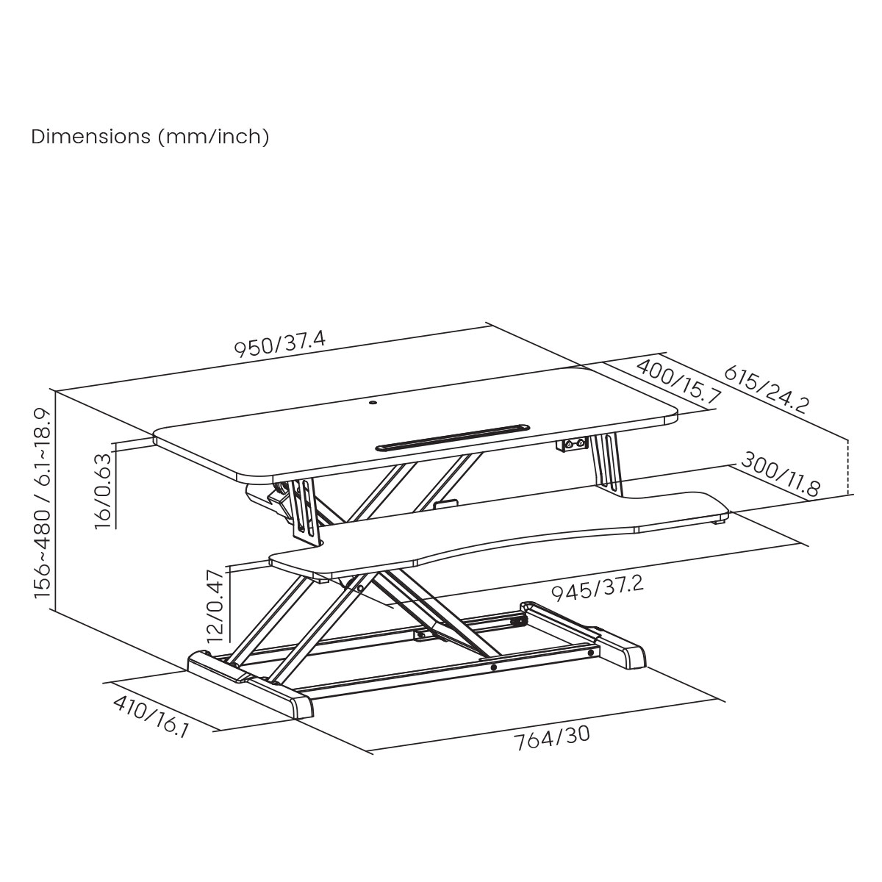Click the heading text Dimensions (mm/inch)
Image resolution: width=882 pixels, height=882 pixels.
pos(150,137)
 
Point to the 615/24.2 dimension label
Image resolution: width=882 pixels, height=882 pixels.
pos(767,389)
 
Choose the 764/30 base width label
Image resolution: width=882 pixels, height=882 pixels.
pos(552,738)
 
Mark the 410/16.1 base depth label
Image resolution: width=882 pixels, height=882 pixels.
pos(151,717)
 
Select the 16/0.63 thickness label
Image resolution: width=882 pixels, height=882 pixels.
pos(104,490)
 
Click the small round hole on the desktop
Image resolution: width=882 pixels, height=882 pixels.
pos(373,402)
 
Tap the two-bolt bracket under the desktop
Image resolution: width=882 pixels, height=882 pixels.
pos(575,445)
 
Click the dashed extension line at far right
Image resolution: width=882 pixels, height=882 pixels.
pos(848,467)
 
